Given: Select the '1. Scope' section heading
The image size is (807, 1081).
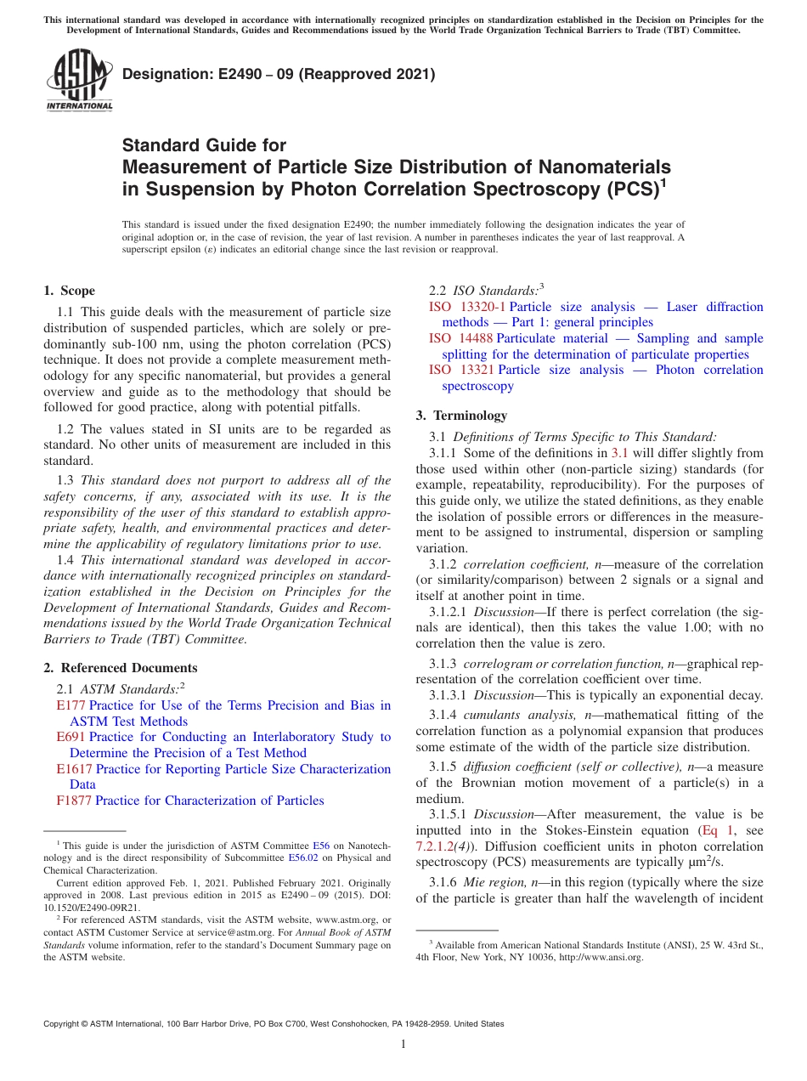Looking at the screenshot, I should point(70,291).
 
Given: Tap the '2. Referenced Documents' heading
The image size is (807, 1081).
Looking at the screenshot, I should point(120,668).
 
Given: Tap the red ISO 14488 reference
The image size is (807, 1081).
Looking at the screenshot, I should point(461,338).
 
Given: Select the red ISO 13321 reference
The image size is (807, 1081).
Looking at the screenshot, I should point(461,370).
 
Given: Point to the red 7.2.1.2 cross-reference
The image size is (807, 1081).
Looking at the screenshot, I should point(441,846).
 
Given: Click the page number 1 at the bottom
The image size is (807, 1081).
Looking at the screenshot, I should point(403,1044).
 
